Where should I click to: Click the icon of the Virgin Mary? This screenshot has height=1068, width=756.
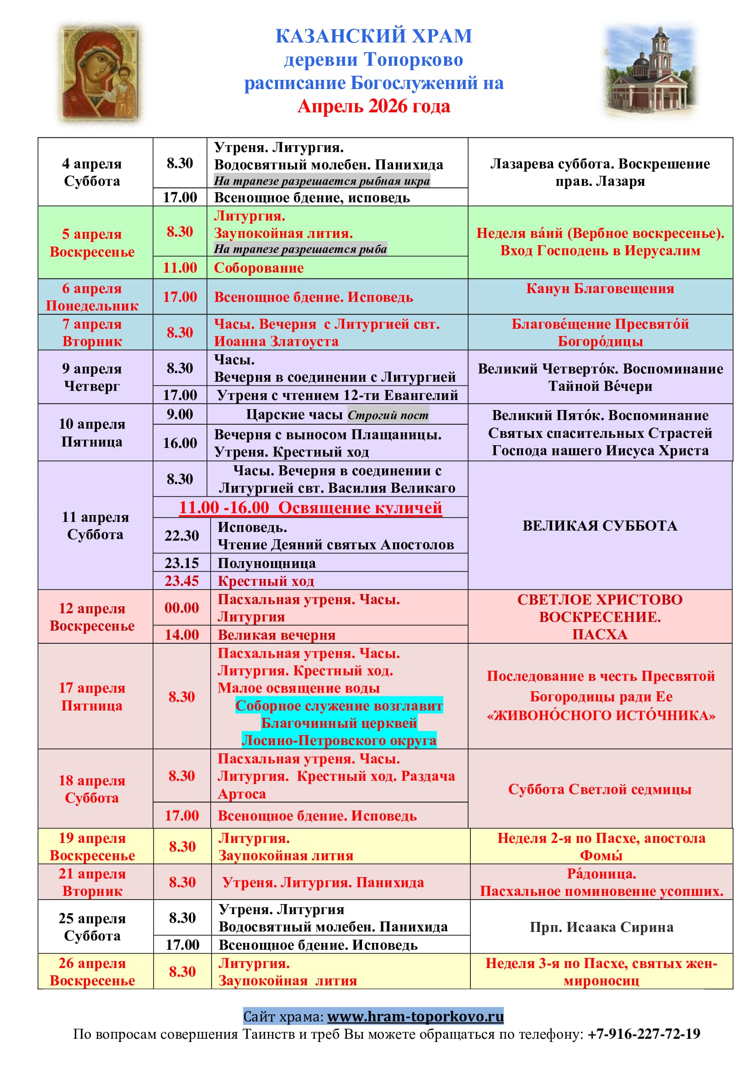pos(100,74)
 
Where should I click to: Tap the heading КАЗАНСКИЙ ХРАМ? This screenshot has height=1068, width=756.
pos(373,36)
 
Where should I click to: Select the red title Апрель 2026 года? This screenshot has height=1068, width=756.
pos(373,106)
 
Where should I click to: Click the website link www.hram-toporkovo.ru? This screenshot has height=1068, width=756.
pos(415,1016)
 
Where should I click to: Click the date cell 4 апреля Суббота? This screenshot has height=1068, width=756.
pos(92,172)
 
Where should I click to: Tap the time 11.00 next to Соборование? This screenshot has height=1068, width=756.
pos(180,268)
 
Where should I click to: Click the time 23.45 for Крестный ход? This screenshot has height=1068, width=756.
pos(181,581)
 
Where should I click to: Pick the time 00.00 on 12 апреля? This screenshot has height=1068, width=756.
pos(181,608)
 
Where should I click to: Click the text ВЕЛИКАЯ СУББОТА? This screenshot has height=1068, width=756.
pos(600,526)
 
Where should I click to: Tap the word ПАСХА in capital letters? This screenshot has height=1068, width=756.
pos(600,635)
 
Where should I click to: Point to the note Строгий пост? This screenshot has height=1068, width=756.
pos(388,416)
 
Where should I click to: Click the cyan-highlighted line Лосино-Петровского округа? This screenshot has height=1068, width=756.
pos(339,740)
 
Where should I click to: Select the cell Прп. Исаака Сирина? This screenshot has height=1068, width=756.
pos(602,927)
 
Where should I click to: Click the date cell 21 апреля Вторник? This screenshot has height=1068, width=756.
pos(92,883)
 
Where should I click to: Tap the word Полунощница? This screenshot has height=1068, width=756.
pos(267,563)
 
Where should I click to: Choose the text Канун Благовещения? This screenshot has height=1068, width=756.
pos(600,289)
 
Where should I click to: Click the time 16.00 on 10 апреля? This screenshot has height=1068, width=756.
pos(180,443)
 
